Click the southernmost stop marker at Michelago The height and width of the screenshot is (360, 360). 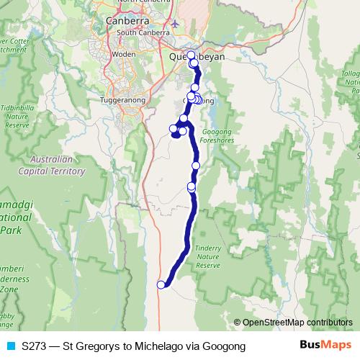(x=161, y=284)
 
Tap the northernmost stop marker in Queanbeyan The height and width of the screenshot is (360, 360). (x=191, y=55)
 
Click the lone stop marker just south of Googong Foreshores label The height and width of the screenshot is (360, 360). (x=196, y=165)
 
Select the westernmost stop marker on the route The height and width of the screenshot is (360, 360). (x=173, y=129)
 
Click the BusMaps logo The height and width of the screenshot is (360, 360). (x=321, y=346)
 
